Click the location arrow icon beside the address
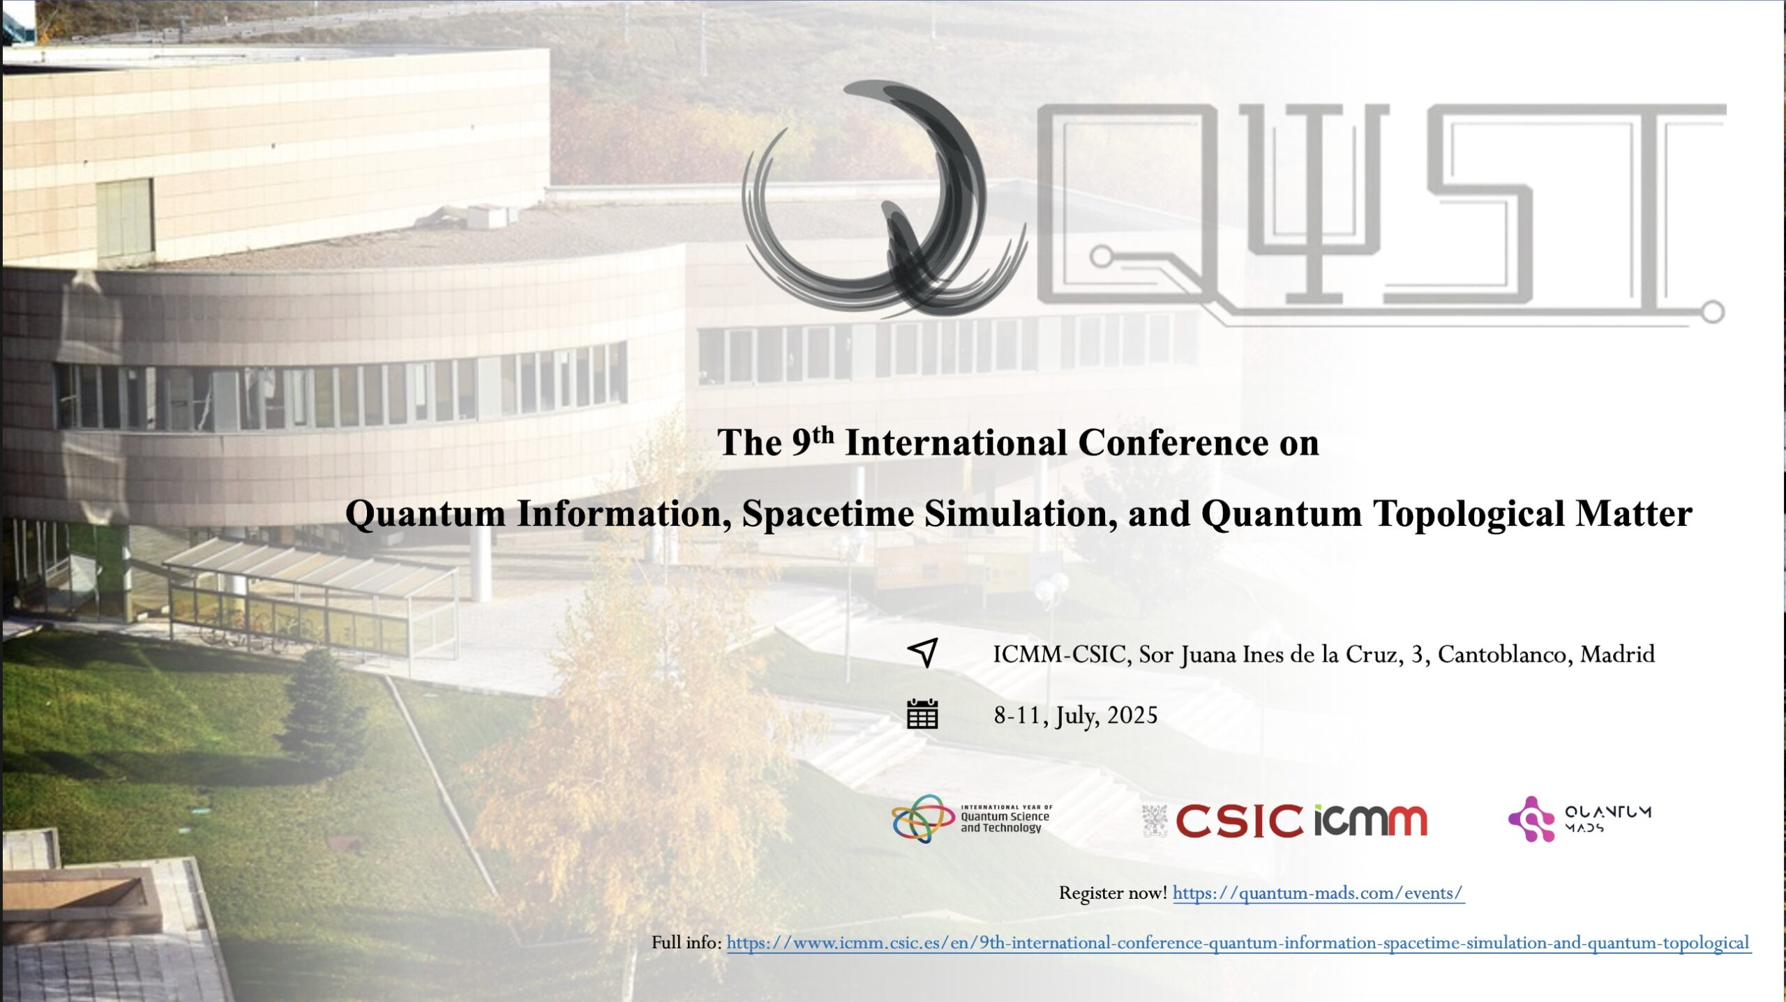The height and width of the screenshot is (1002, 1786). tap(922, 653)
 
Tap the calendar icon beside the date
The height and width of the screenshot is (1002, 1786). tap(922, 715)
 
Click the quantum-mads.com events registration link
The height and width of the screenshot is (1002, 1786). tap(1318, 893)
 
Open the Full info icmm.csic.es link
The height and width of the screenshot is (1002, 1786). tap(1238, 943)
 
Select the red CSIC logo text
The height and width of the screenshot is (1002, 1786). tap(1239, 821)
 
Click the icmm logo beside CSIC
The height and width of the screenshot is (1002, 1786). tap(1371, 821)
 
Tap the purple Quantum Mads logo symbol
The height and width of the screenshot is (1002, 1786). tap(1531, 819)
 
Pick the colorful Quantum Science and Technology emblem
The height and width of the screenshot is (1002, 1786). tap(922, 819)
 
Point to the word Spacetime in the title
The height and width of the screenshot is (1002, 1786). tap(827, 514)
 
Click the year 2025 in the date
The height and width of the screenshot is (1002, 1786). tap(1132, 715)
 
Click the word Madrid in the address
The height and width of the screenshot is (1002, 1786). tap(1617, 654)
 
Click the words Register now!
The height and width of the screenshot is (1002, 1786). tap(1113, 893)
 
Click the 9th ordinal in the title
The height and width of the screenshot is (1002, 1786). tap(813, 441)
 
